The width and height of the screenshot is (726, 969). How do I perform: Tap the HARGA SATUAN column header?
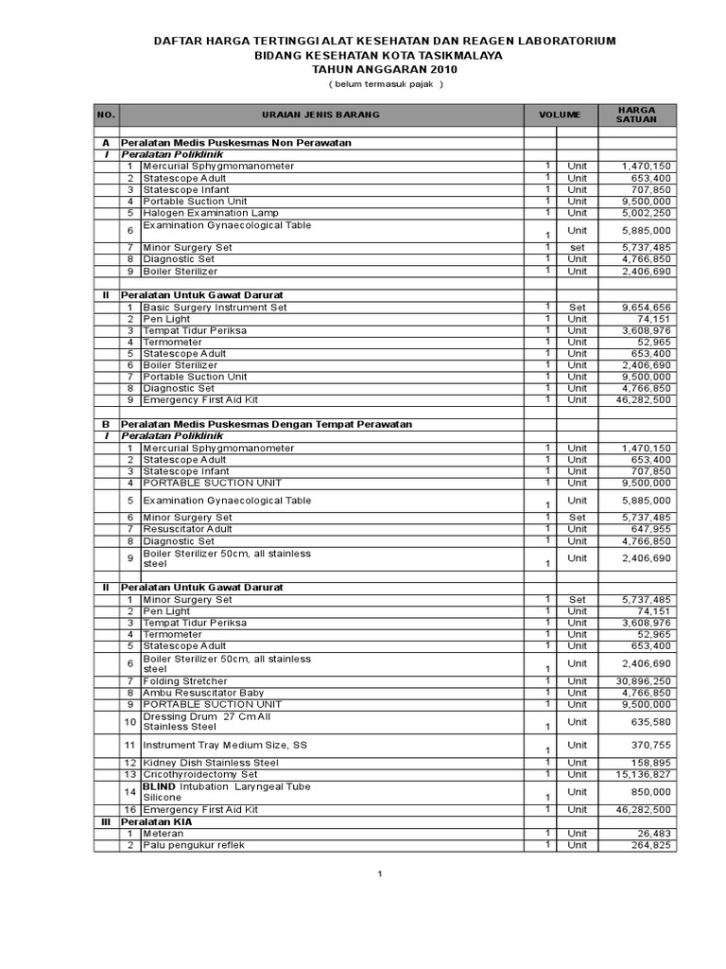[635, 115]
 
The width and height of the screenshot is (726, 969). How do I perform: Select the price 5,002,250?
[647, 213]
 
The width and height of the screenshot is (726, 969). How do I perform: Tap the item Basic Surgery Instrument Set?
[215, 307]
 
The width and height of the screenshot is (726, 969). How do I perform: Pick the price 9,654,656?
[647, 307]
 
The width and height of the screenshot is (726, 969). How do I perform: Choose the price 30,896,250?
[644, 681]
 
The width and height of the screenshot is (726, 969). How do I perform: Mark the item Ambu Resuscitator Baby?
[203, 693]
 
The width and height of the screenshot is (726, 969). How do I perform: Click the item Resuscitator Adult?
[187, 529]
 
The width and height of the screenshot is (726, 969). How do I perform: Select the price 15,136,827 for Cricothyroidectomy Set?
[644, 774]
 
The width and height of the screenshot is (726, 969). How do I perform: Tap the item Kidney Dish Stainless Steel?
[211, 763]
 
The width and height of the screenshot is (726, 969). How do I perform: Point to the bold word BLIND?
[158, 786]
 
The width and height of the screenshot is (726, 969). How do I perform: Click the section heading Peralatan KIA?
[157, 821]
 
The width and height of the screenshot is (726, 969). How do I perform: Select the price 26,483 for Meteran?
[652, 834]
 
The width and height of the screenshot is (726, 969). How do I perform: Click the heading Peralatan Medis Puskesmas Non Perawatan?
[236, 142]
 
